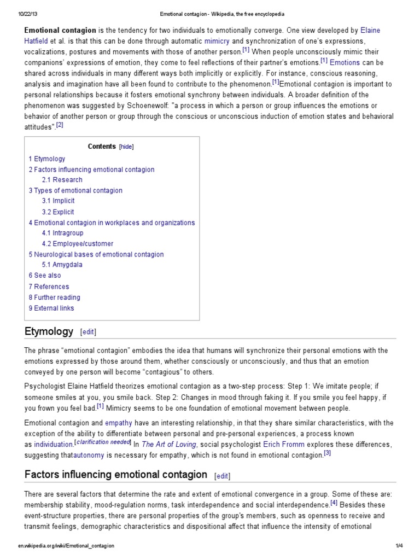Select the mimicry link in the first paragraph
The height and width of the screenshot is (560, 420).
[x=217, y=40]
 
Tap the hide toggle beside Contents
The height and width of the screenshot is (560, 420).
[x=126, y=147]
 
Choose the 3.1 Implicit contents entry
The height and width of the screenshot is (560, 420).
[x=58, y=201]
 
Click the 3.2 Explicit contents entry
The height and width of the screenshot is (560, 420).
[x=57, y=212]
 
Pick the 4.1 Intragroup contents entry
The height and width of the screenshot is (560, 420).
[x=62, y=233]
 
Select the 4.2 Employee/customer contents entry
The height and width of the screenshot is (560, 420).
[x=77, y=244]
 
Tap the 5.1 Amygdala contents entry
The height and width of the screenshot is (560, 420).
[x=62, y=265]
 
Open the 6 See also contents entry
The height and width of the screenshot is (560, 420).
[x=45, y=276]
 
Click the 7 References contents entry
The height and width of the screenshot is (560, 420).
[x=49, y=287]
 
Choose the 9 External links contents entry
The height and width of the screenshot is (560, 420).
[x=51, y=308]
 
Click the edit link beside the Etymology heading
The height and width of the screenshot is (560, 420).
[x=88, y=332]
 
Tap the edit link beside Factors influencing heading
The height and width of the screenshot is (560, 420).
[x=222, y=476]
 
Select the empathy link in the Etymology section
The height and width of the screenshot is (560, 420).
[x=119, y=422]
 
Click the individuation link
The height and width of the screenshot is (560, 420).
[x=54, y=444]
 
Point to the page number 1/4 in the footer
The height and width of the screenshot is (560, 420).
[x=399, y=546]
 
